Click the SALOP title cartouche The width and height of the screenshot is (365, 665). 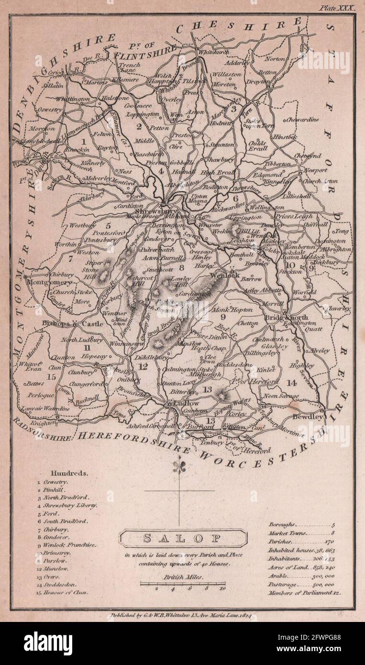(x=182, y=538)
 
